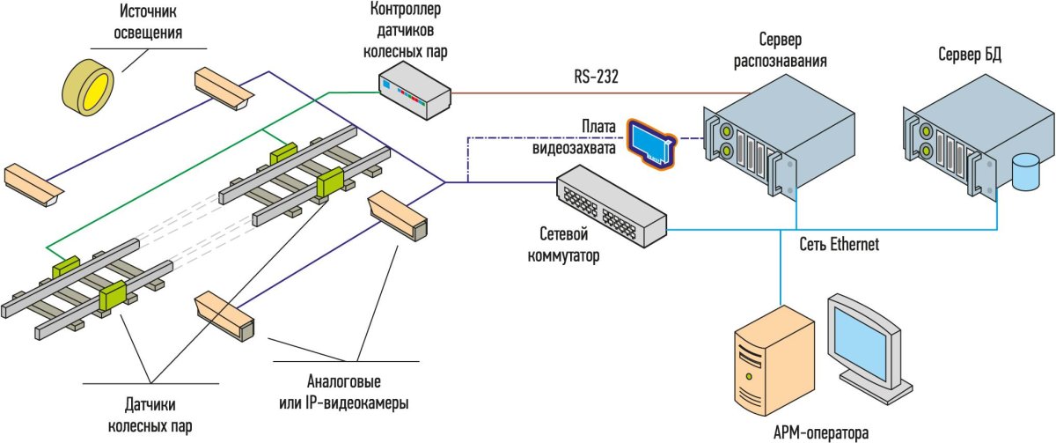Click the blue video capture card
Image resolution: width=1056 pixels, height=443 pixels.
(x=652, y=142)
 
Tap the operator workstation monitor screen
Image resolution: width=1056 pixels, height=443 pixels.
(x=865, y=345)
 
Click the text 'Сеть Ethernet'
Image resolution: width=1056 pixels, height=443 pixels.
(x=839, y=244)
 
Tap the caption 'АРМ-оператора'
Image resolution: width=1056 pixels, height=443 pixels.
(x=820, y=432)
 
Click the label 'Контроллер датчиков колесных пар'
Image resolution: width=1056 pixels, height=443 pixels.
(x=406, y=31)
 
